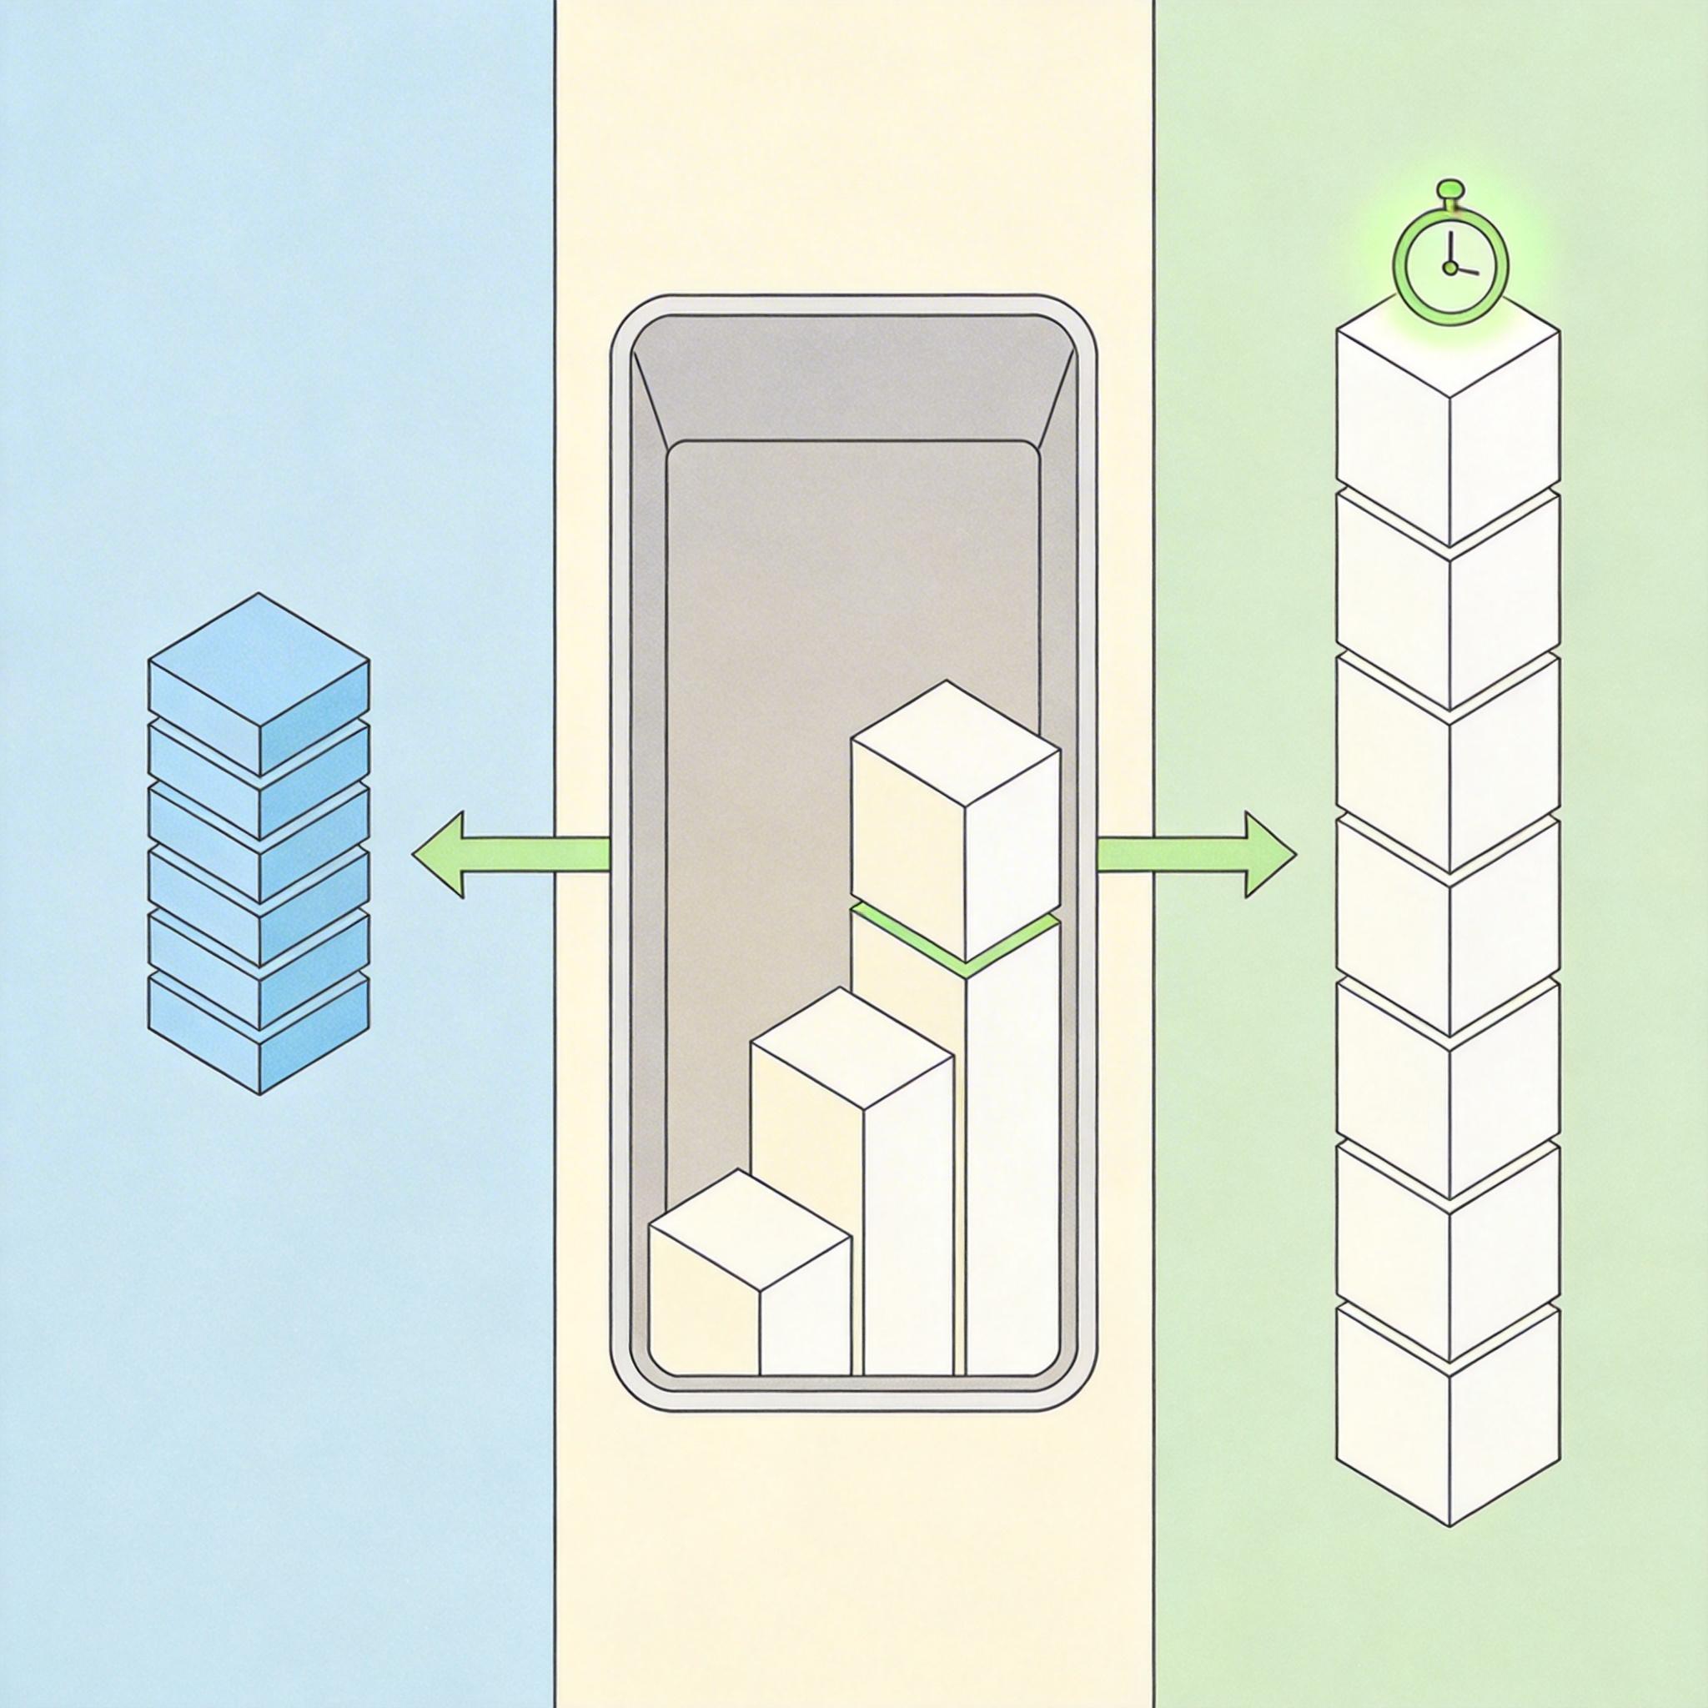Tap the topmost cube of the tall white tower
coord(1448,424)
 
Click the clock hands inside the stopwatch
coord(1453,265)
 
